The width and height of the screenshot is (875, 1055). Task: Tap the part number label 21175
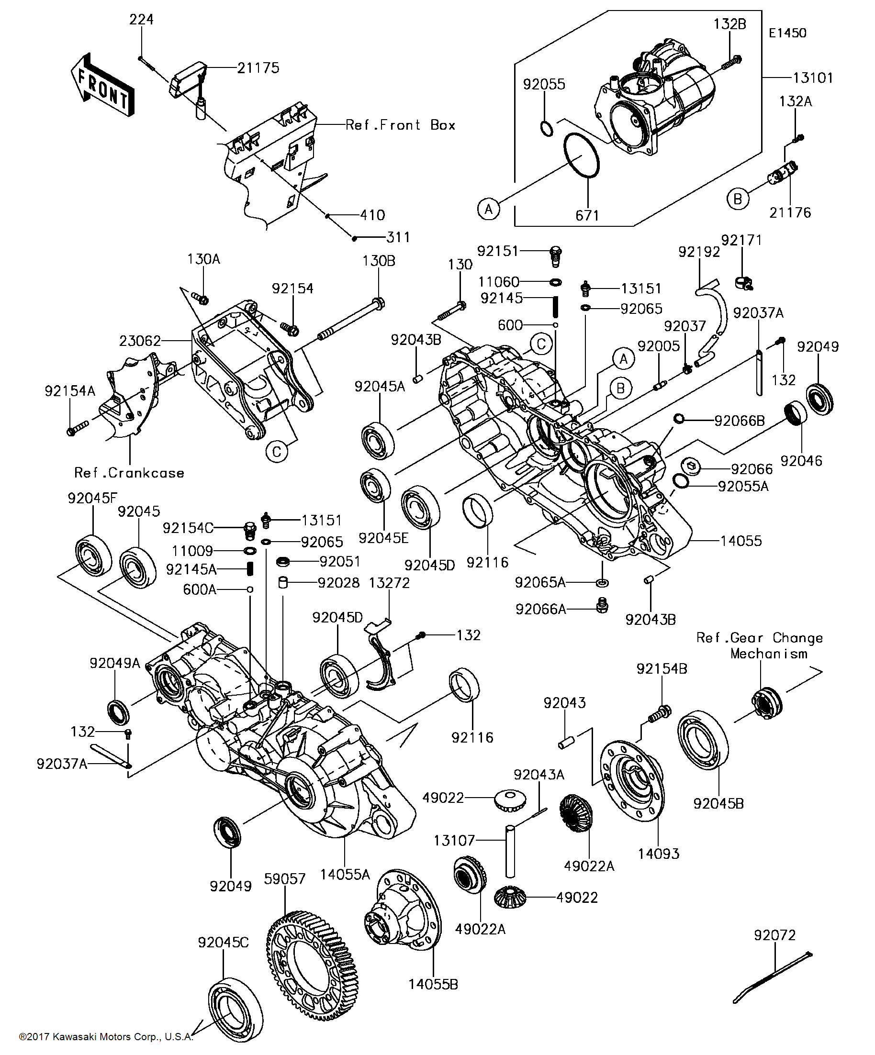tap(258, 68)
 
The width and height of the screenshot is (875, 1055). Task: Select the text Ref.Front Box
tap(400, 125)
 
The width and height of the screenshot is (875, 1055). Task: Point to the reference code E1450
tap(787, 33)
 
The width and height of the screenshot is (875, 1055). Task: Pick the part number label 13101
tap(813, 78)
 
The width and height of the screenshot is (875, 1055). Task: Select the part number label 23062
tap(140, 341)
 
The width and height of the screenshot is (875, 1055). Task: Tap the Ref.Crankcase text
tap(129, 473)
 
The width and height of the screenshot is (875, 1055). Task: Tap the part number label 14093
tap(658, 854)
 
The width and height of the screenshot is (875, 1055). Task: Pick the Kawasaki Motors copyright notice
tap(106, 1036)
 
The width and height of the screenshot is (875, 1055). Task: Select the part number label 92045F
tap(92, 499)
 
